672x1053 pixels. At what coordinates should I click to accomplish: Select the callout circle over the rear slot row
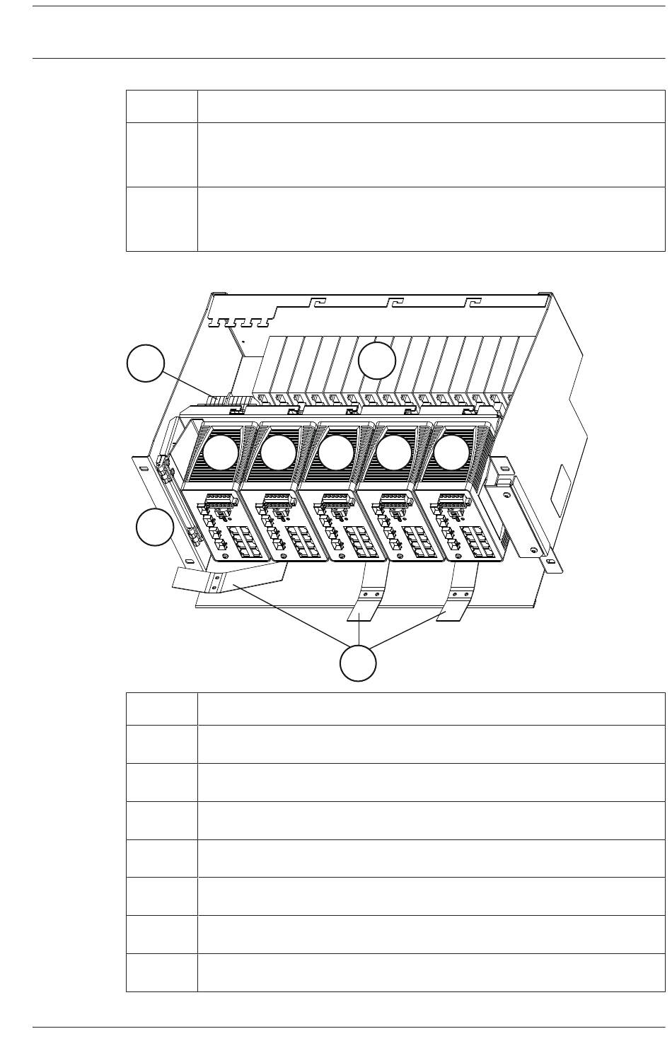[377, 361]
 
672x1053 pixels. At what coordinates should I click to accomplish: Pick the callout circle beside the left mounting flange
[154, 528]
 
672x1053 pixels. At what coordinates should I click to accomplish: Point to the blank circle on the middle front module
[336, 453]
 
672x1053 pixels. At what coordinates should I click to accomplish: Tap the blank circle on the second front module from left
[278, 453]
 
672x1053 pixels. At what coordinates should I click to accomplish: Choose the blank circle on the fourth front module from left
[394, 453]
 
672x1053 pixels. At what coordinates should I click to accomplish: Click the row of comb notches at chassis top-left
[241, 323]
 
